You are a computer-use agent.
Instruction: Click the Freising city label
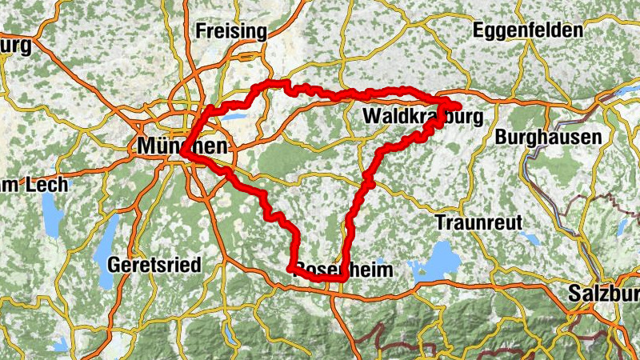[230, 32]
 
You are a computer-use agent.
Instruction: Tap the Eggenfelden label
[527, 30]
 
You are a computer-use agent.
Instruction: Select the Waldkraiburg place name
[423, 117]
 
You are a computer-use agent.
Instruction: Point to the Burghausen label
[548, 138]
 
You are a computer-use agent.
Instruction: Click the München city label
[182, 146]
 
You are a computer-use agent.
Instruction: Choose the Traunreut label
[478, 221]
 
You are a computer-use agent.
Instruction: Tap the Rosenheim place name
[344, 270]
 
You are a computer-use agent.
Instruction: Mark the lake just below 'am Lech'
[51, 214]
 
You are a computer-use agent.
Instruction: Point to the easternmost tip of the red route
[461, 106]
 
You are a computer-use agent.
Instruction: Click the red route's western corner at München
[182, 152]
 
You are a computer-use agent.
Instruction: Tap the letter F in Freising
[201, 32]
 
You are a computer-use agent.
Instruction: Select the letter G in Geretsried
[114, 264]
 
